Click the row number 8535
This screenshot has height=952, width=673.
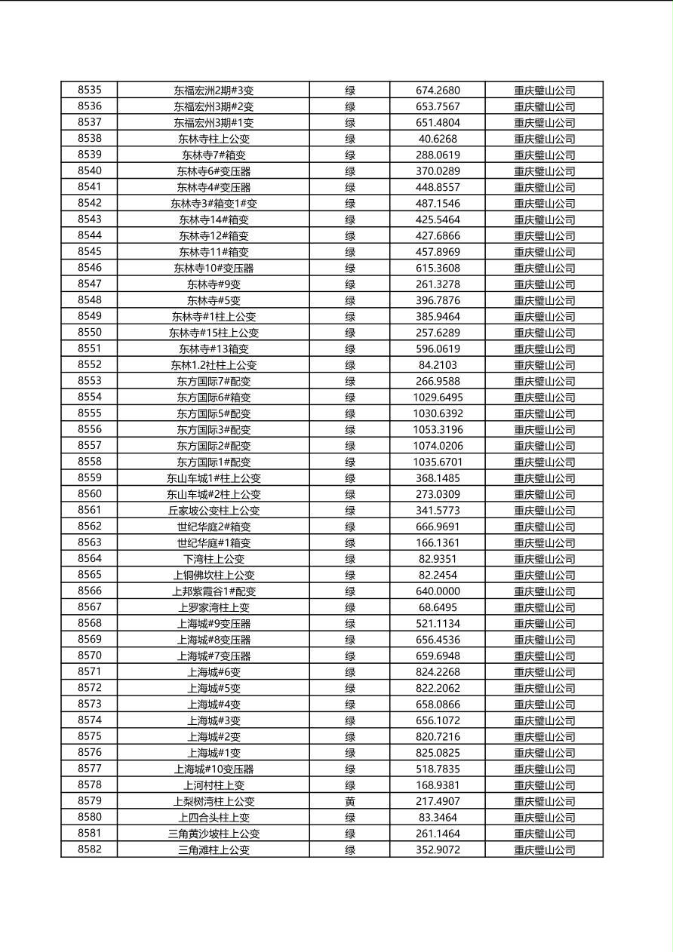[x=89, y=90]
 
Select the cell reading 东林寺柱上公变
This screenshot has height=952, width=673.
[x=214, y=139]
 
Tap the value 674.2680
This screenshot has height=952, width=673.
[x=438, y=91]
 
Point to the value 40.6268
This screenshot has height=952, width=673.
[x=438, y=139]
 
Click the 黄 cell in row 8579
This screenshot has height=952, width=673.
[x=350, y=801]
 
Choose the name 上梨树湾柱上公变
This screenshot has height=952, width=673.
[x=214, y=802]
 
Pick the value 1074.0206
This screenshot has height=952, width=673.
[x=438, y=446]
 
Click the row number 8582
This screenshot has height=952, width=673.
[x=89, y=849]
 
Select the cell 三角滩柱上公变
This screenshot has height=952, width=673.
[x=214, y=850]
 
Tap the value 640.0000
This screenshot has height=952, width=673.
[x=438, y=591]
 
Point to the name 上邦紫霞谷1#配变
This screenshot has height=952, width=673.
[x=214, y=591]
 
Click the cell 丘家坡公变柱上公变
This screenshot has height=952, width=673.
[x=214, y=511]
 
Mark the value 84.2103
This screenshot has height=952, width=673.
[x=438, y=365]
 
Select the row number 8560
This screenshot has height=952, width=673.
[x=89, y=494]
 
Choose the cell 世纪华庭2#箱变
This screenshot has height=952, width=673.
[x=214, y=527]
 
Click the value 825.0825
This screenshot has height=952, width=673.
[x=438, y=753]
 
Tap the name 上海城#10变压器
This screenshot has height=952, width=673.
[x=214, y=769]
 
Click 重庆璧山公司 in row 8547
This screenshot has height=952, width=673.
[x=544, y=284]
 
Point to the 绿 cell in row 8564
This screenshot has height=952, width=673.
[x=350, y=559]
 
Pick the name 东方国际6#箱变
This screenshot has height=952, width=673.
[x=214, y=398]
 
